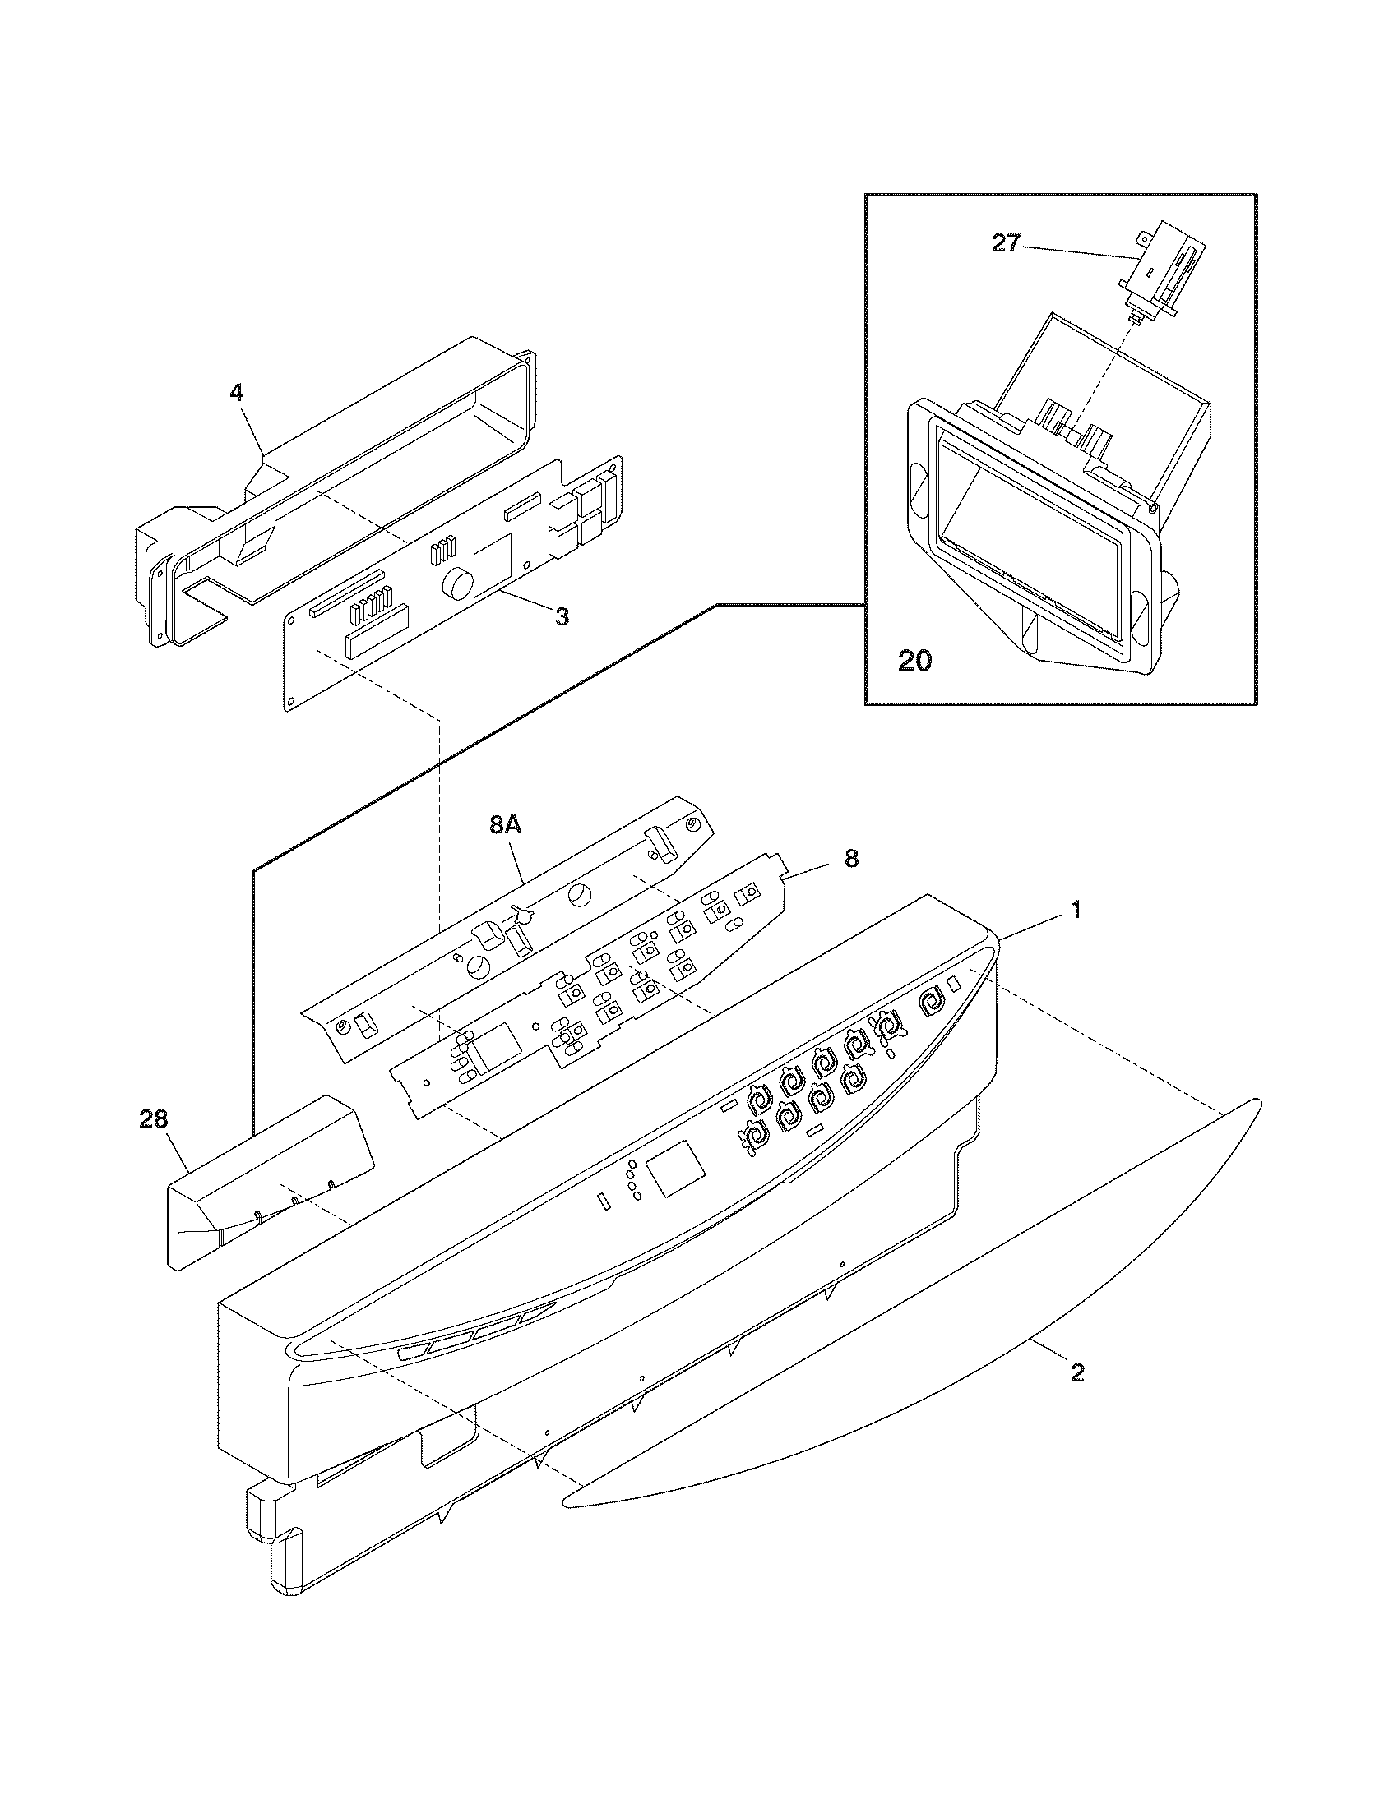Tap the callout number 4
point(237,392)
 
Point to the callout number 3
point(562,616)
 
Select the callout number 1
point(1075,911)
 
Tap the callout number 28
point(154,1120)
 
